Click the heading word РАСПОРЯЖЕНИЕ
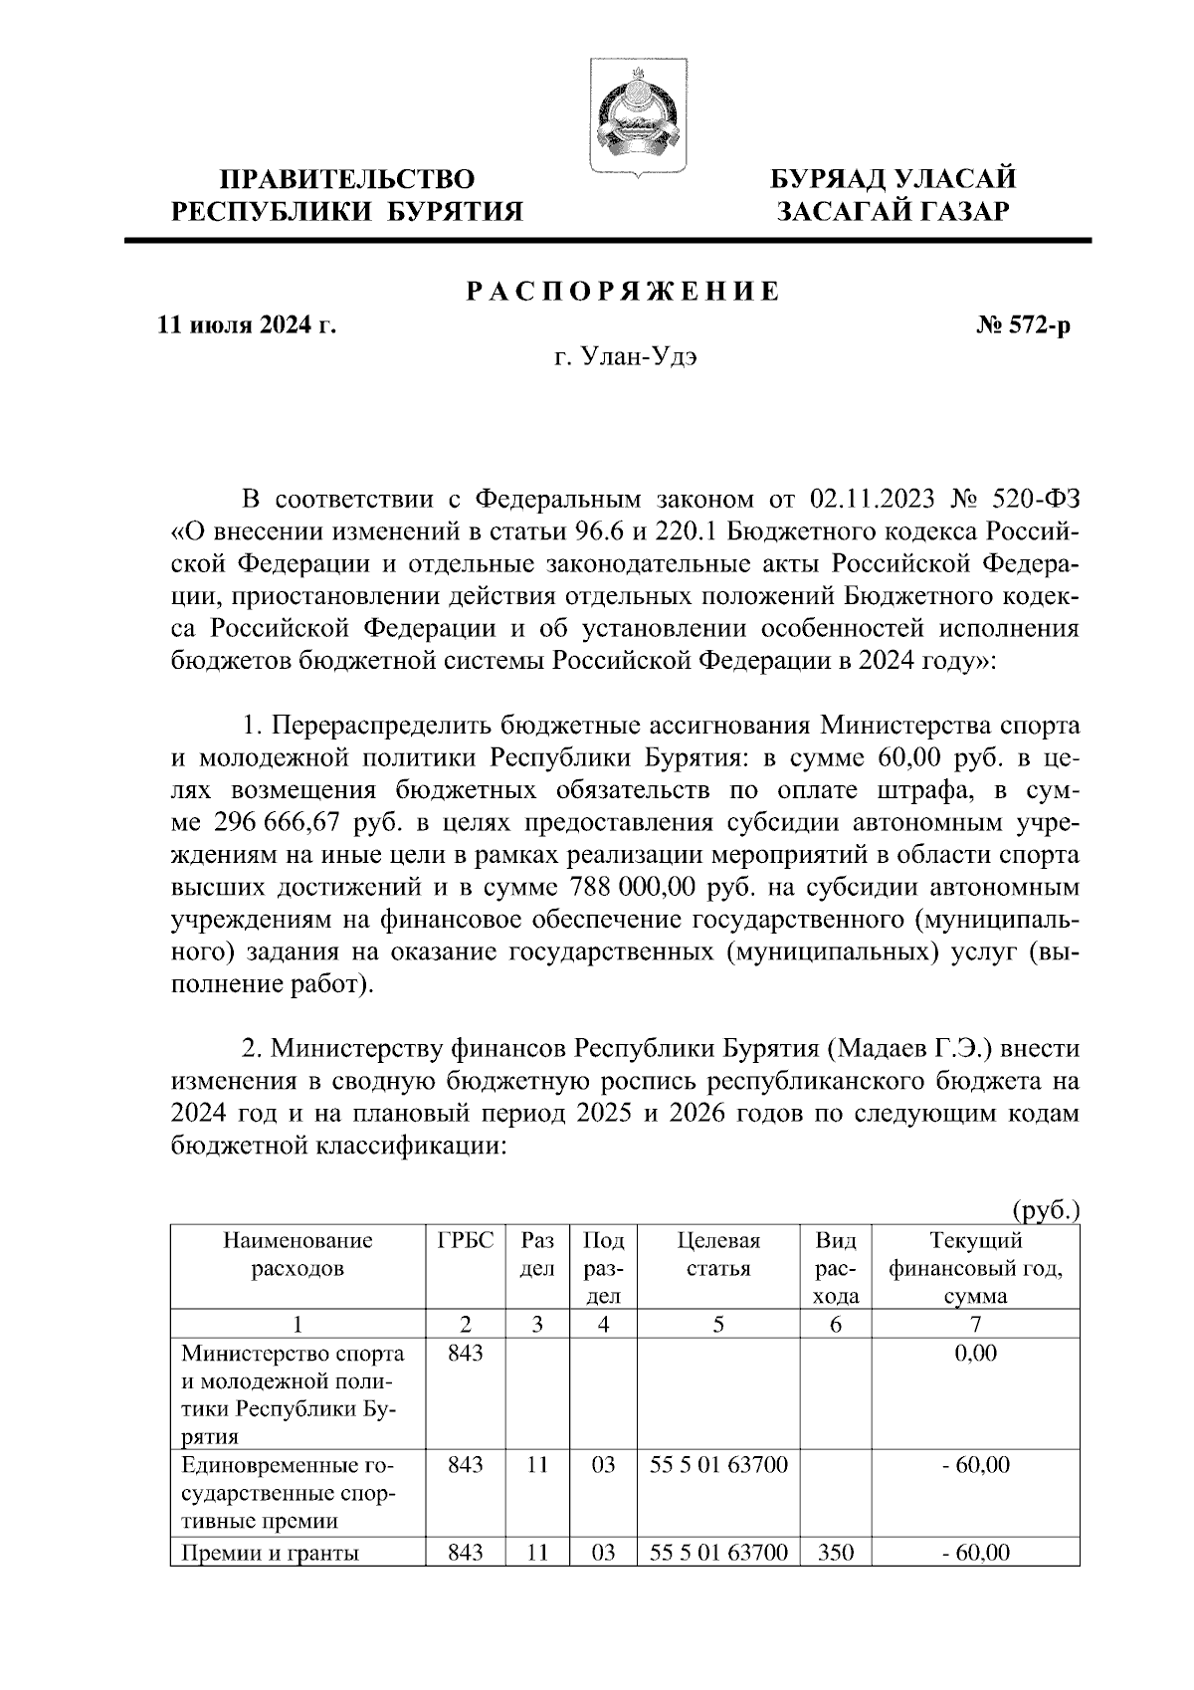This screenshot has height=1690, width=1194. coord(624,291)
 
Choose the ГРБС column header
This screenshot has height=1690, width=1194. coord(466,1241)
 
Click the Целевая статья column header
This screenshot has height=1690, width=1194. coord(718,1255)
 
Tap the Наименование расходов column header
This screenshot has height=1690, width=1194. coord(298,1255)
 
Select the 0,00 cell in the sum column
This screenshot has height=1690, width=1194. coord(975,1353)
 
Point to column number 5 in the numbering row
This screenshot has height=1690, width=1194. coord(718,1324)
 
